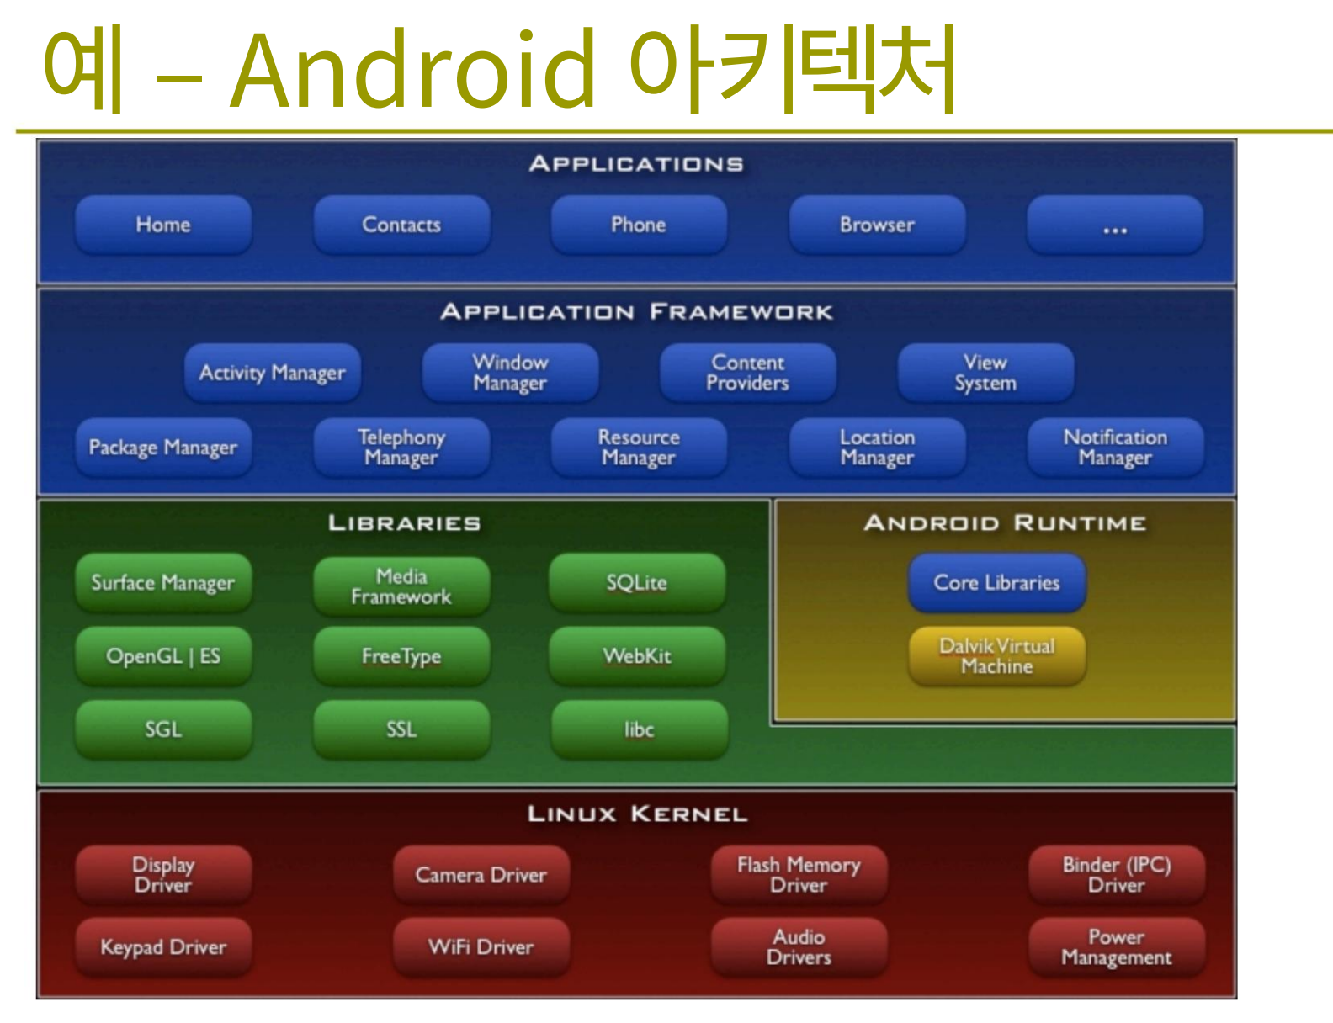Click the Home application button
pyautogui.click(x=163, y=225)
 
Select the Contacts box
pyautogui.click(x=401, y=225)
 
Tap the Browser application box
pyautogui.click(x=877, y=225)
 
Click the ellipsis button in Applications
pyautogui.click(x=1115, y=225)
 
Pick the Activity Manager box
pyautogui.click(x=273, y=373)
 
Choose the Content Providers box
pyautogui.click(x=748, y=373)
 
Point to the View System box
pyautogui.click(x=985, y=373)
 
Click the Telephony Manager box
pyautogui.click(x=401, y=447)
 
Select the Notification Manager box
pyautogui.click(x=1115, y=447)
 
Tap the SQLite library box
pyautogui.click(x=637, y=582)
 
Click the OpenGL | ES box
pyautogui.click(x=163, y=656)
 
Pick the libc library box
pyautogui.click(x=640, y=729)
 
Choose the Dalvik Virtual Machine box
pyautogui.click(x=997, y=656)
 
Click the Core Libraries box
pyautogui.click(x=997, y=582)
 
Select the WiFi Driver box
pyautogui.click(x=481, y=947)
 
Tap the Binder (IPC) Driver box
pyautogui.click(x=1117, y=875)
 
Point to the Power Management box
pyautogui.click(x=1117, y=947)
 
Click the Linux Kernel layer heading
pyautogui.click(x=637, y=814)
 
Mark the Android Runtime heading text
pyautogui.click(x=1005, y=522)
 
